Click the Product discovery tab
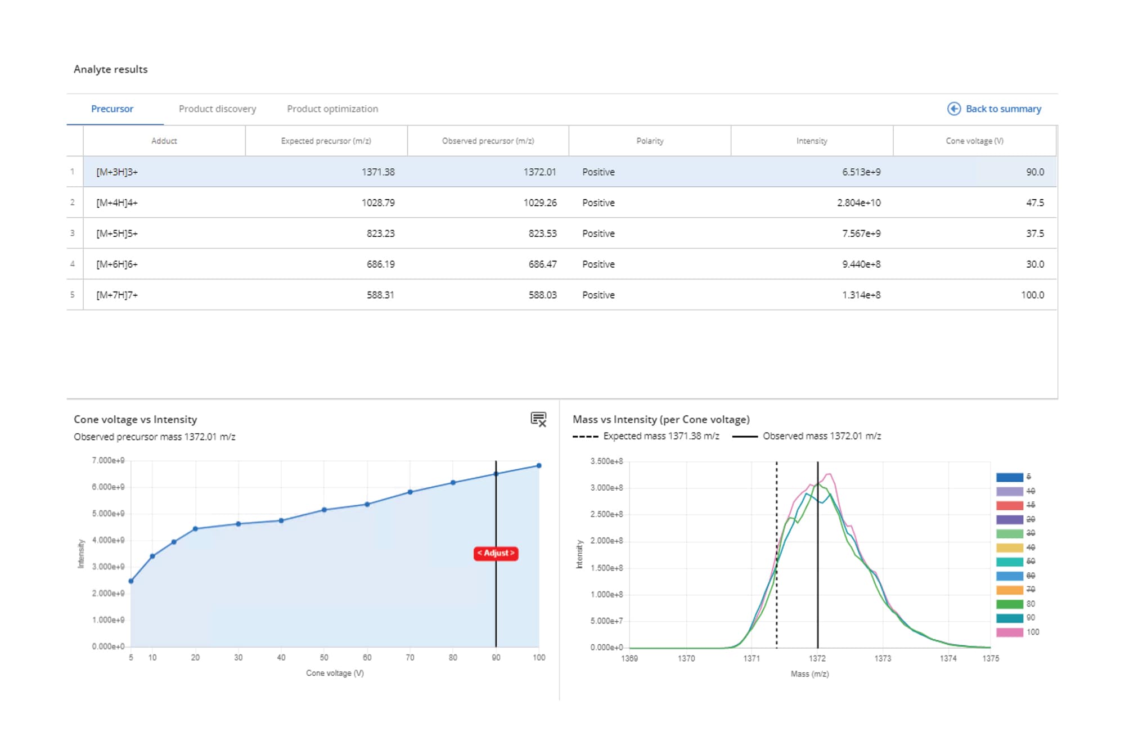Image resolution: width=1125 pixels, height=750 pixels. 217,109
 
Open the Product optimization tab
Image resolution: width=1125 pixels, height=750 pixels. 332,109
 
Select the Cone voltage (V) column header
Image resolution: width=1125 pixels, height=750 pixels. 974,141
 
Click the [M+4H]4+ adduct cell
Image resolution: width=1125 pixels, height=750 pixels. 117,203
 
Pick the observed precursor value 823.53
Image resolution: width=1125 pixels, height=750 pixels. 542,233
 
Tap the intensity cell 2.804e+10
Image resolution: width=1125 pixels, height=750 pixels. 858,203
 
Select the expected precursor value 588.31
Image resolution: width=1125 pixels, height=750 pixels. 380,295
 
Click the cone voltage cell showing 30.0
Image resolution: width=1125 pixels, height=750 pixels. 1034,264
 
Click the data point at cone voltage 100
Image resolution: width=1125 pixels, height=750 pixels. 539,466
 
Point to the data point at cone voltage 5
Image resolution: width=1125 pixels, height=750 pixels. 131,581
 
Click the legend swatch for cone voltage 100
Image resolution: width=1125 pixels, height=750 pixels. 1009,632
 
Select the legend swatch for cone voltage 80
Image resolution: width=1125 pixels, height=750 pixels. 1009,604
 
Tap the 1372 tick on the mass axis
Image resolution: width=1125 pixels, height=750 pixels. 817,658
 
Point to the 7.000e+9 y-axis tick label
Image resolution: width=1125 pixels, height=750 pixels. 108,460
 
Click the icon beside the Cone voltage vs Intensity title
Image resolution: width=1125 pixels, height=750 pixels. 538,419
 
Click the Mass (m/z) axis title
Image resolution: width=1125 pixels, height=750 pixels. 809,673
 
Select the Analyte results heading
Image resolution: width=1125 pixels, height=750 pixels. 111,69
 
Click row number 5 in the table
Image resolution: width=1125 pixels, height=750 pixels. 73,295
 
